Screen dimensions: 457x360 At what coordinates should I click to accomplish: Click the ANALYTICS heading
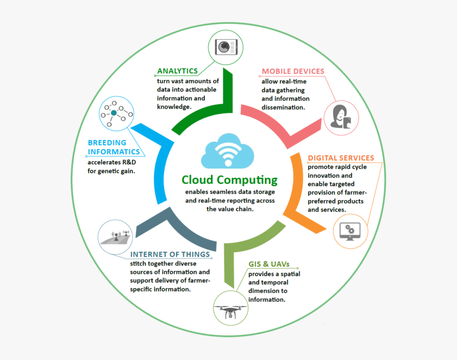click(177, 71)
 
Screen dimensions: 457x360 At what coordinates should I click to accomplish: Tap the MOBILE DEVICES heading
click(293, 71)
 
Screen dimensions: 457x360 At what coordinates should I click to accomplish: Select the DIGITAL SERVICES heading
click(341, 158)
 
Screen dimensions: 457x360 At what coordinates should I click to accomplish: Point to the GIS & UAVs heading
click(269, 264)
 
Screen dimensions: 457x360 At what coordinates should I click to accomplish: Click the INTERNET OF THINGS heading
click(170, 254)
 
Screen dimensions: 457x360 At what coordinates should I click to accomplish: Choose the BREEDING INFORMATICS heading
click(114, 147)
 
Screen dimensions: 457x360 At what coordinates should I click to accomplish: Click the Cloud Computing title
click(230, 180)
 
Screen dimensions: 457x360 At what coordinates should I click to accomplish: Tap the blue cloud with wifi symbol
click(227, 151)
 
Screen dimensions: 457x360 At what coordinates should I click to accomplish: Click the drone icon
click(230, 311)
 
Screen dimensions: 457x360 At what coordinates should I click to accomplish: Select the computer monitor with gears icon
click(350, 232)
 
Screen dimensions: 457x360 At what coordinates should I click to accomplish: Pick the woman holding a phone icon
click(341, 117)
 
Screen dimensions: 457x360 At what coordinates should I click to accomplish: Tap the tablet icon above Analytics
click(226, 47)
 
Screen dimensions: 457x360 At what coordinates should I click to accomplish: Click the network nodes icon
click(116, 113)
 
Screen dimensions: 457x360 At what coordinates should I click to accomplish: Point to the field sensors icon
click(115, 237)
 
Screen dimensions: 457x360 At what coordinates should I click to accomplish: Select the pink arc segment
click(280, 126)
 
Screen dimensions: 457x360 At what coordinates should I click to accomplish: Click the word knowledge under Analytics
click(174, 107)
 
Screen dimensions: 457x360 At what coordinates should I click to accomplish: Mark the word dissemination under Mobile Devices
click(283, 107)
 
